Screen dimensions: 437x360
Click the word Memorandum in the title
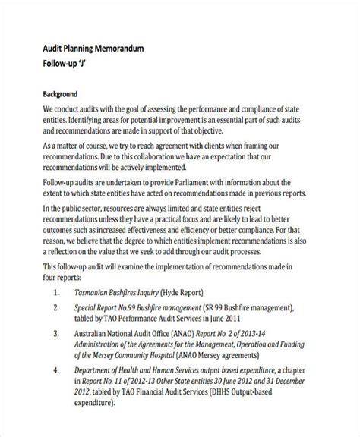tap(114, 48)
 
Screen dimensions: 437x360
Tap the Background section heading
tap(60, 96)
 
